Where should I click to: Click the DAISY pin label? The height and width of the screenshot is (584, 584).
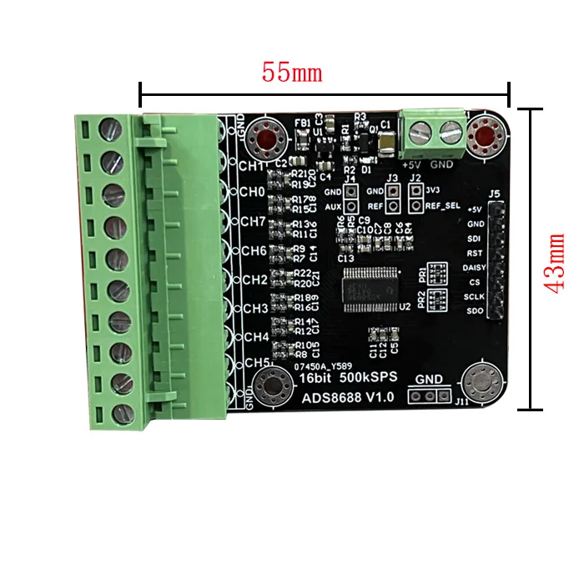point(473,268)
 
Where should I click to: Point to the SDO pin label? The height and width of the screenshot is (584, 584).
point(475,312)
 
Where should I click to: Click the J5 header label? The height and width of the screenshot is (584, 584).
point(494,194)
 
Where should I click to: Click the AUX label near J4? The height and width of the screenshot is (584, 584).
point(332,205)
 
